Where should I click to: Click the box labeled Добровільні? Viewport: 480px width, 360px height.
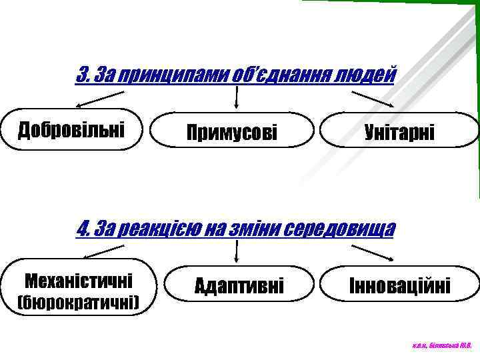click(x=71, y=129)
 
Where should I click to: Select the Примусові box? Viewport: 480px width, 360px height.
click(x=232, y=130)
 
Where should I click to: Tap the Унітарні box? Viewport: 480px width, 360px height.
click(x=399, y=130)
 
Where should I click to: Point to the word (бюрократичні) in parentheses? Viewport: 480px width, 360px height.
click(x=78, y=304)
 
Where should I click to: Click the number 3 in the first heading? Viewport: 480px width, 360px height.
click(x=83, y=73)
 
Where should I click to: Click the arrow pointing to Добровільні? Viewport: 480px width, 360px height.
click(x=97, y=99)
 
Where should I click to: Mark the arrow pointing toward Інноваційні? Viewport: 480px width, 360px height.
click(x=372, y=253)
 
